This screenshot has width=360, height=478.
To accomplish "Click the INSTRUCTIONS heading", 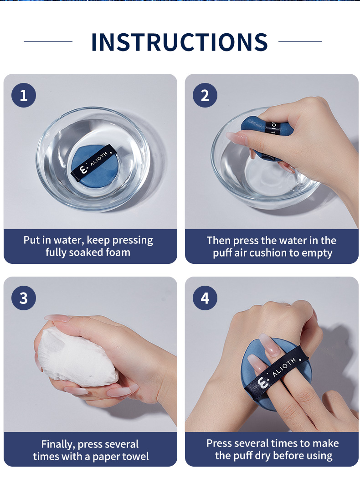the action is [x=179, y=42].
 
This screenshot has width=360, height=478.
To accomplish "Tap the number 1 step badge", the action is [x=24, y=95].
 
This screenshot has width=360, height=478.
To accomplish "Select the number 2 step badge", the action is [x=205, y=95].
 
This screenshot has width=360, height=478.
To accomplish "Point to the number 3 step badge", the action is [x=24, y=298].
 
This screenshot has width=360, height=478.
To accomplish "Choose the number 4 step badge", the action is [x=205, y=298].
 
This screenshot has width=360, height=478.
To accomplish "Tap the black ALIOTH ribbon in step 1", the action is [x=94, y=163].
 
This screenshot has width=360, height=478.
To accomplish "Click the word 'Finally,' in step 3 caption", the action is [x=58, y=444].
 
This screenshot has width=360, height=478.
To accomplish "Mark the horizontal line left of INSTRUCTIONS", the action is [x=48, y=41].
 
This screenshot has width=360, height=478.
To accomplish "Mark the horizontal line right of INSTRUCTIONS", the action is [x=300, y=41].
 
